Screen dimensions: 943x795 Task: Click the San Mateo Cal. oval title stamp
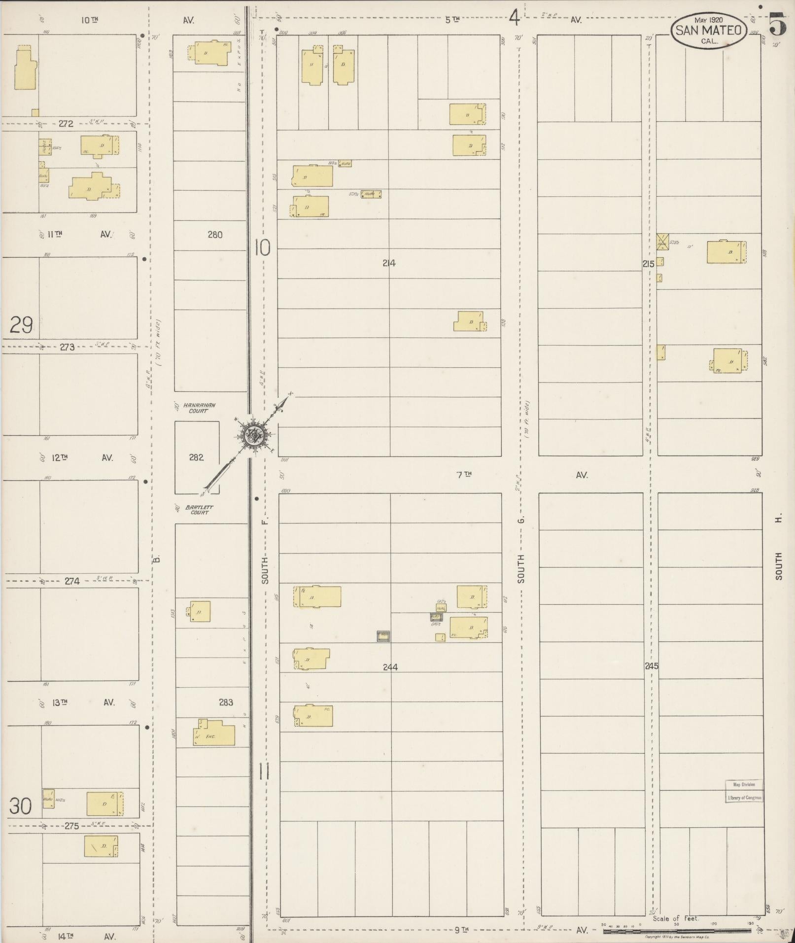[x=708, y=31]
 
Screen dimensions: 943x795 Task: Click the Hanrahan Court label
[x=199, y=408]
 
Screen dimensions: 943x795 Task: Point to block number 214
[x=389, y=263]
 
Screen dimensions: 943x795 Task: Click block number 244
[x=390, y=667]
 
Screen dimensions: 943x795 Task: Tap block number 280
[x=215, y=235]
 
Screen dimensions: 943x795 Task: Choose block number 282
[x=196, y=457]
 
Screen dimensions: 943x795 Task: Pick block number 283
[x=226, y=702]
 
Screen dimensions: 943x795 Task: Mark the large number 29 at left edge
[x=21, y=325]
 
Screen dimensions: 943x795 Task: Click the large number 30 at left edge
[x=21, y=806]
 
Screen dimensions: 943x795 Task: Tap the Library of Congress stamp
[x=744, y=791]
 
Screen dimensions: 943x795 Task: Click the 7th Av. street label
[x=464, y=475]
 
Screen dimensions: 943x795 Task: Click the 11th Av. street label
[x=55, y=234]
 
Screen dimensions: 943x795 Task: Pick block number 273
[x=67, y=347]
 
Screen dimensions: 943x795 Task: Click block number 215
[x=648, y=264]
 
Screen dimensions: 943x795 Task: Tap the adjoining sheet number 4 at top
[x=514, y=19]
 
